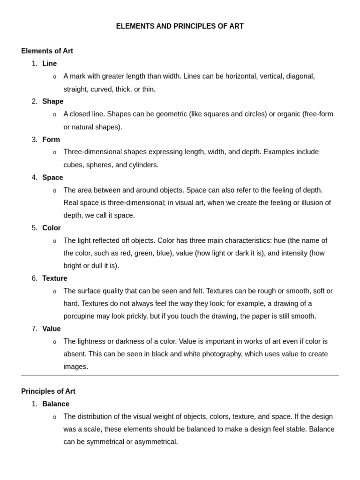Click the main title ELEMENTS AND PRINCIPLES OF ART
pos(180,26)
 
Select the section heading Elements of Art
pos(47,51)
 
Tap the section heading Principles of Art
pos(48,391)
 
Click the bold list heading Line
pos(49,64)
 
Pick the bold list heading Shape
pos(52,101)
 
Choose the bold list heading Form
pos(51,140)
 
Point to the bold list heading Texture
pos(55,278)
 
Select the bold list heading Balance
pos(56,404)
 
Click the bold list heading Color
pos(52,228)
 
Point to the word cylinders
pos(144,165)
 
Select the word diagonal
pos(300,76)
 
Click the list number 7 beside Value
pos(35,329)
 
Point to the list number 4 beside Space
pos(35,178)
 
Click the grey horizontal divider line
pos(180,375)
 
